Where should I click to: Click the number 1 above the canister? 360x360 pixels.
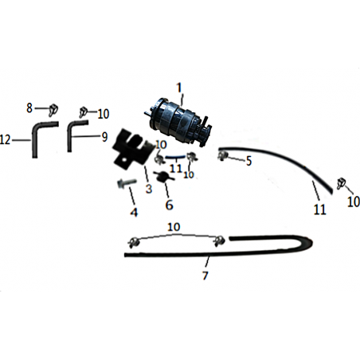tap(179, 88)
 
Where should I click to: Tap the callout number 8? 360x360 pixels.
tap(29, 108)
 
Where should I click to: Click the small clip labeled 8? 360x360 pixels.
tap(53, 109)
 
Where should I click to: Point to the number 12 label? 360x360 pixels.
tap(5, 139)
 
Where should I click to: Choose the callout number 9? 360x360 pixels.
tap(105, 137)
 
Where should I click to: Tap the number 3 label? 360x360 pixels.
tap(149, 189)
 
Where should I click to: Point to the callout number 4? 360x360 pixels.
tap(134, 212)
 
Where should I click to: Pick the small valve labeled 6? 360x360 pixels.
tap(164, 177)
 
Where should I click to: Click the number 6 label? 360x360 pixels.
tap(169, 205)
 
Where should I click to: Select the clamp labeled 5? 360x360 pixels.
tap(222, 155)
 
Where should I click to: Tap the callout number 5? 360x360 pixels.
tap(248, 161)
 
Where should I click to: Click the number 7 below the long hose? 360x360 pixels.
tap(205, 276)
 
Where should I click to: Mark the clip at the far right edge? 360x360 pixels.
tap(341, 184)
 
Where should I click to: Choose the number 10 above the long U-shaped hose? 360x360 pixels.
tap(174, 227)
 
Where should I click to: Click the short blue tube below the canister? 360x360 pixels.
tap(175, 158)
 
